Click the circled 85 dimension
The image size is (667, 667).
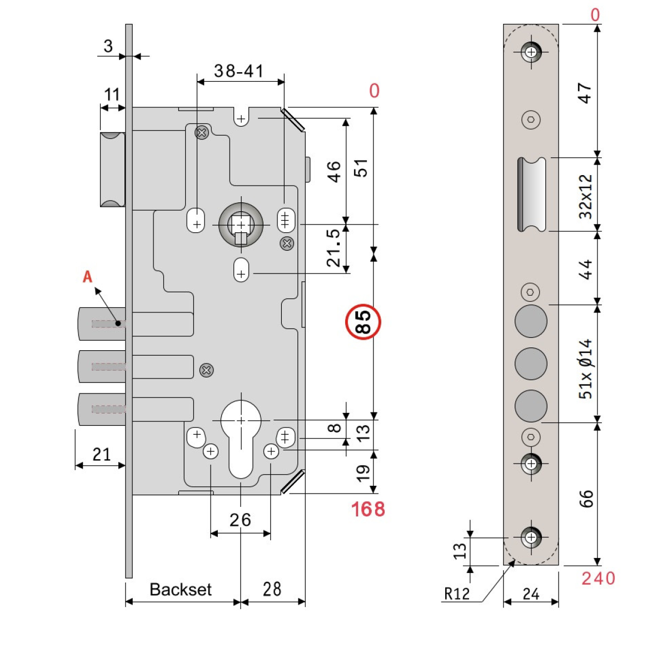(x=363, y=322)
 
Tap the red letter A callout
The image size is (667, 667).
(x=88, y=277)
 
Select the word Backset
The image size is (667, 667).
(x=180, y=590)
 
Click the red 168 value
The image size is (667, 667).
(x=367, y=509)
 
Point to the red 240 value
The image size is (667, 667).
(x=598, y=579)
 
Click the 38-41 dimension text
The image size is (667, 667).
(x=239, y=71)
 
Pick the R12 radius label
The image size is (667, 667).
(x=457, y=594)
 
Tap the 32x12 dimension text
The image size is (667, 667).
(x=586, y=196)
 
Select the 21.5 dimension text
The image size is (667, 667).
(x=333, y=247)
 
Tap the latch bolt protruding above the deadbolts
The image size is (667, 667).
(x=112, y=170)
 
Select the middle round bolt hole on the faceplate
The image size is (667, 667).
(x=531, y=364)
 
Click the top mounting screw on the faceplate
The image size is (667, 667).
(x=531, y=53)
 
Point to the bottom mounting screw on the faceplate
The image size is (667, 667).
(x=531, y=537)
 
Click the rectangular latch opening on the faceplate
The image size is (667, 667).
(x=531, y=194)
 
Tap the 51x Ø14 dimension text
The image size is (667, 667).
(x=586, y=369)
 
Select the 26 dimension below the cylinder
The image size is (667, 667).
(x=240, y=520)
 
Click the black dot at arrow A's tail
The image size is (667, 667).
(x=118, y=323)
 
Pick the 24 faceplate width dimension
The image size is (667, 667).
(x=531, y=594)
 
